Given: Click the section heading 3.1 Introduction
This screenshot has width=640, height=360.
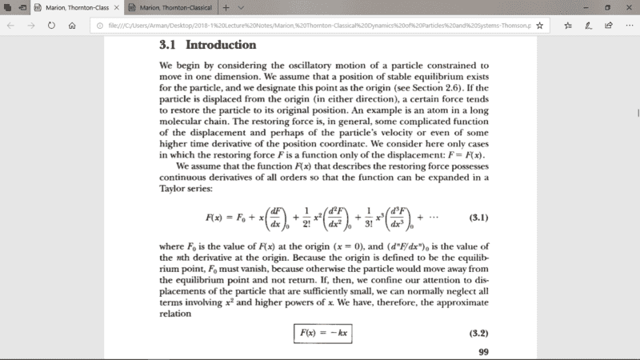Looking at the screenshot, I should (208, 45).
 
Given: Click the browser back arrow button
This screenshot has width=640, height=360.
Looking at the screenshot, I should (11, 25).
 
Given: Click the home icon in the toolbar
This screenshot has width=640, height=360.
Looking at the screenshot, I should (72, 25).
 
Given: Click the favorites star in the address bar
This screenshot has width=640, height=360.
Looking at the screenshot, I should (540, 25).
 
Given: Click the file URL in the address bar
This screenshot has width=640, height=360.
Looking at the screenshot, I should (312, 25).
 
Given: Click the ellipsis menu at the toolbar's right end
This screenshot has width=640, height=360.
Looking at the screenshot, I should (629, 25).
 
